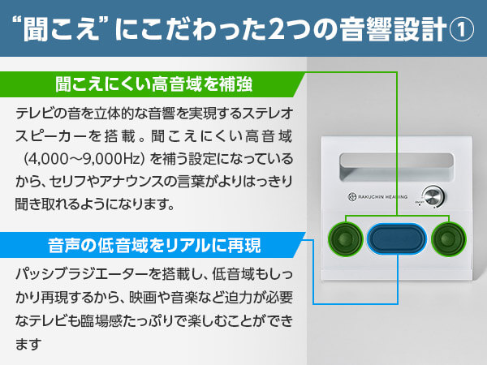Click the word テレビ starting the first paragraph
point(33,113)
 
